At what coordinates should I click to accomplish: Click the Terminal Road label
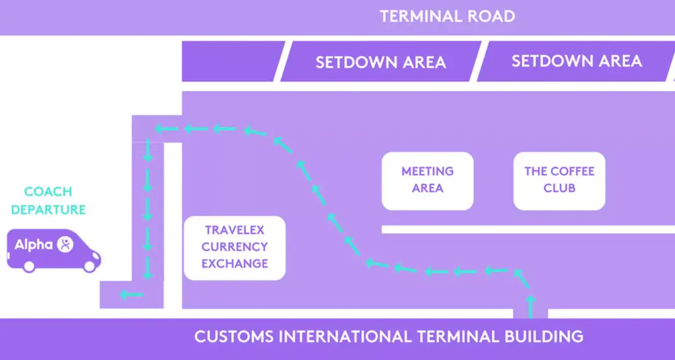(x=447, y=16)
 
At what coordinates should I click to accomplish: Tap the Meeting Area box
(x=427, y=180)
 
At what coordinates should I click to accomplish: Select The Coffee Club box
(x=559, y=180)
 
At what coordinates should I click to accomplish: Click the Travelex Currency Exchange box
(x=235, y=247)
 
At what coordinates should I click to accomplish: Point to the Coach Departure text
(x=48, y=201)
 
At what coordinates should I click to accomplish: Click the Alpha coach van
(x=53, y=249)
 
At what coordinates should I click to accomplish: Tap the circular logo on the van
(x=65, y=245)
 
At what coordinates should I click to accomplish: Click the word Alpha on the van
(x=34, y=245)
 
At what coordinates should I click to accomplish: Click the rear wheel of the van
(x=28, y=265)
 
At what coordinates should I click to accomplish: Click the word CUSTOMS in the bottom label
(x=234, y=336)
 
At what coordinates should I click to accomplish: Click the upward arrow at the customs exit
(x=531, y=306)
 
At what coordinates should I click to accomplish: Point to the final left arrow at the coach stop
(x=131, y=294)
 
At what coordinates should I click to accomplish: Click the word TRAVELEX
(x=235, y=230)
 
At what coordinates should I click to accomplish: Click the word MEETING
(x=427, y=171)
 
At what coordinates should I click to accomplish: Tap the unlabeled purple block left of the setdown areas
(x=233, y=61)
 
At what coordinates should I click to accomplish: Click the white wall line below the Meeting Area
(x=527, y=229)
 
